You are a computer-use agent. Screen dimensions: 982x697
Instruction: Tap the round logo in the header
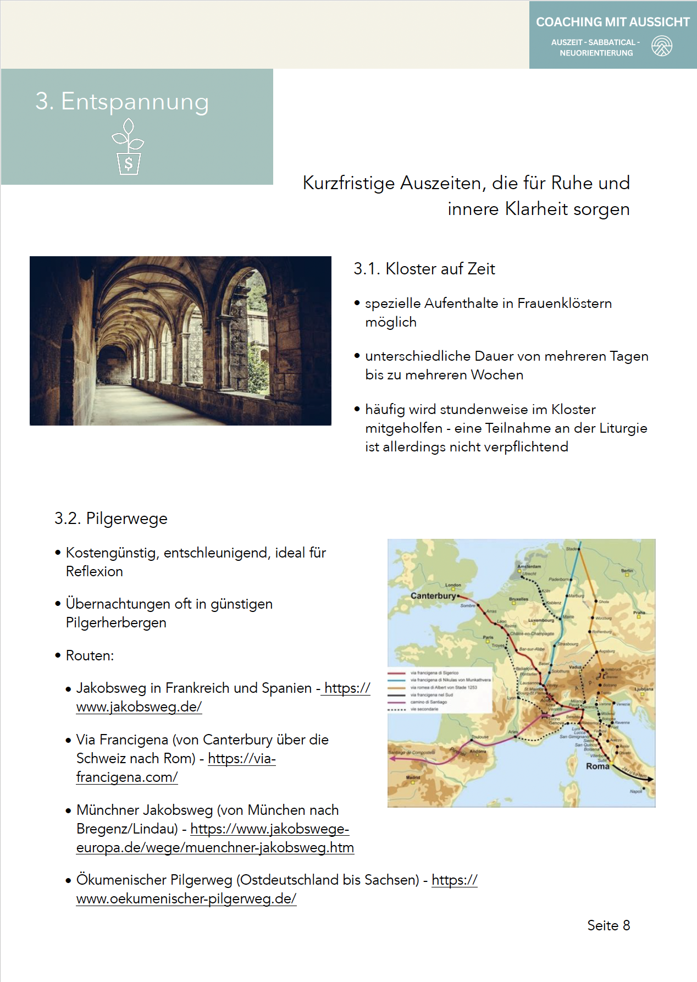[662, 46]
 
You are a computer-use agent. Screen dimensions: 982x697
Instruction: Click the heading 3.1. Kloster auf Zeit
[424, 269]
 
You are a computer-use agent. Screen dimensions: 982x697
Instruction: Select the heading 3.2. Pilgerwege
[110, 518]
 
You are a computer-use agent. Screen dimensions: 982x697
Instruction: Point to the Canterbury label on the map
[433, 595]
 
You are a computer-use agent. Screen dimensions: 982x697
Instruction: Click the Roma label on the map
[598, 766]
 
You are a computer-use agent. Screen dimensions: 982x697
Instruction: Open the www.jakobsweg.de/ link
[139, 707]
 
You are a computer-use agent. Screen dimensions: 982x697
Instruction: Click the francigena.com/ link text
[127, 777]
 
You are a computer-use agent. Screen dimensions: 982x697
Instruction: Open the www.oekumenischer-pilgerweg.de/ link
[186, 898]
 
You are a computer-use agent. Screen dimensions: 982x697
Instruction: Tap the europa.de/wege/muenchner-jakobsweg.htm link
[215, 847]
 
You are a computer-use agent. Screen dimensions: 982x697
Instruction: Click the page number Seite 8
[609, 925]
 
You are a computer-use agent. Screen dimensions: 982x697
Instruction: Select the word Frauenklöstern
[564, 304]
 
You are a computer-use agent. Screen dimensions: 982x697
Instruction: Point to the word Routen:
[90, 655]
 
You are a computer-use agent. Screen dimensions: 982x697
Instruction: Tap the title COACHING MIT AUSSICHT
[612, 22]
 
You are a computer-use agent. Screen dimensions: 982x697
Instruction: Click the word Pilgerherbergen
[116, 622]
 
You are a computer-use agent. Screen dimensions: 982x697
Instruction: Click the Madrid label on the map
[413, 777]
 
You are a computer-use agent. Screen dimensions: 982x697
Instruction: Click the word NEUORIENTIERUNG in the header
[596, 53]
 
